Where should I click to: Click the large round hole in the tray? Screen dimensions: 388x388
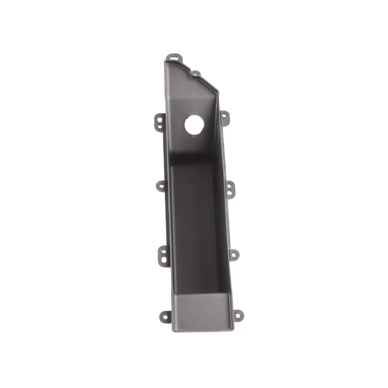point(194,125)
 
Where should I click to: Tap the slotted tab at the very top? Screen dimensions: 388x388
point(174,57)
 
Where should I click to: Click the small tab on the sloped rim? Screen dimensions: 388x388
point(195,74)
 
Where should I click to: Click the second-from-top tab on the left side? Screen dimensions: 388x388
point(161,186)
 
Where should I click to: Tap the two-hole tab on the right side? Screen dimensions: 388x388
point(230,189)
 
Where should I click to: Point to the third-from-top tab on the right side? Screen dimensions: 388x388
point(234,255)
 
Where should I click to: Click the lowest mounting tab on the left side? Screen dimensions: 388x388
point(165,317)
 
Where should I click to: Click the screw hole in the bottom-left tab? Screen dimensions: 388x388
point(165,317)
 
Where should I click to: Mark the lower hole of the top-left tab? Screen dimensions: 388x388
point(160,126)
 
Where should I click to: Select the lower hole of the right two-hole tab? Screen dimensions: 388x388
point(229,193)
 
